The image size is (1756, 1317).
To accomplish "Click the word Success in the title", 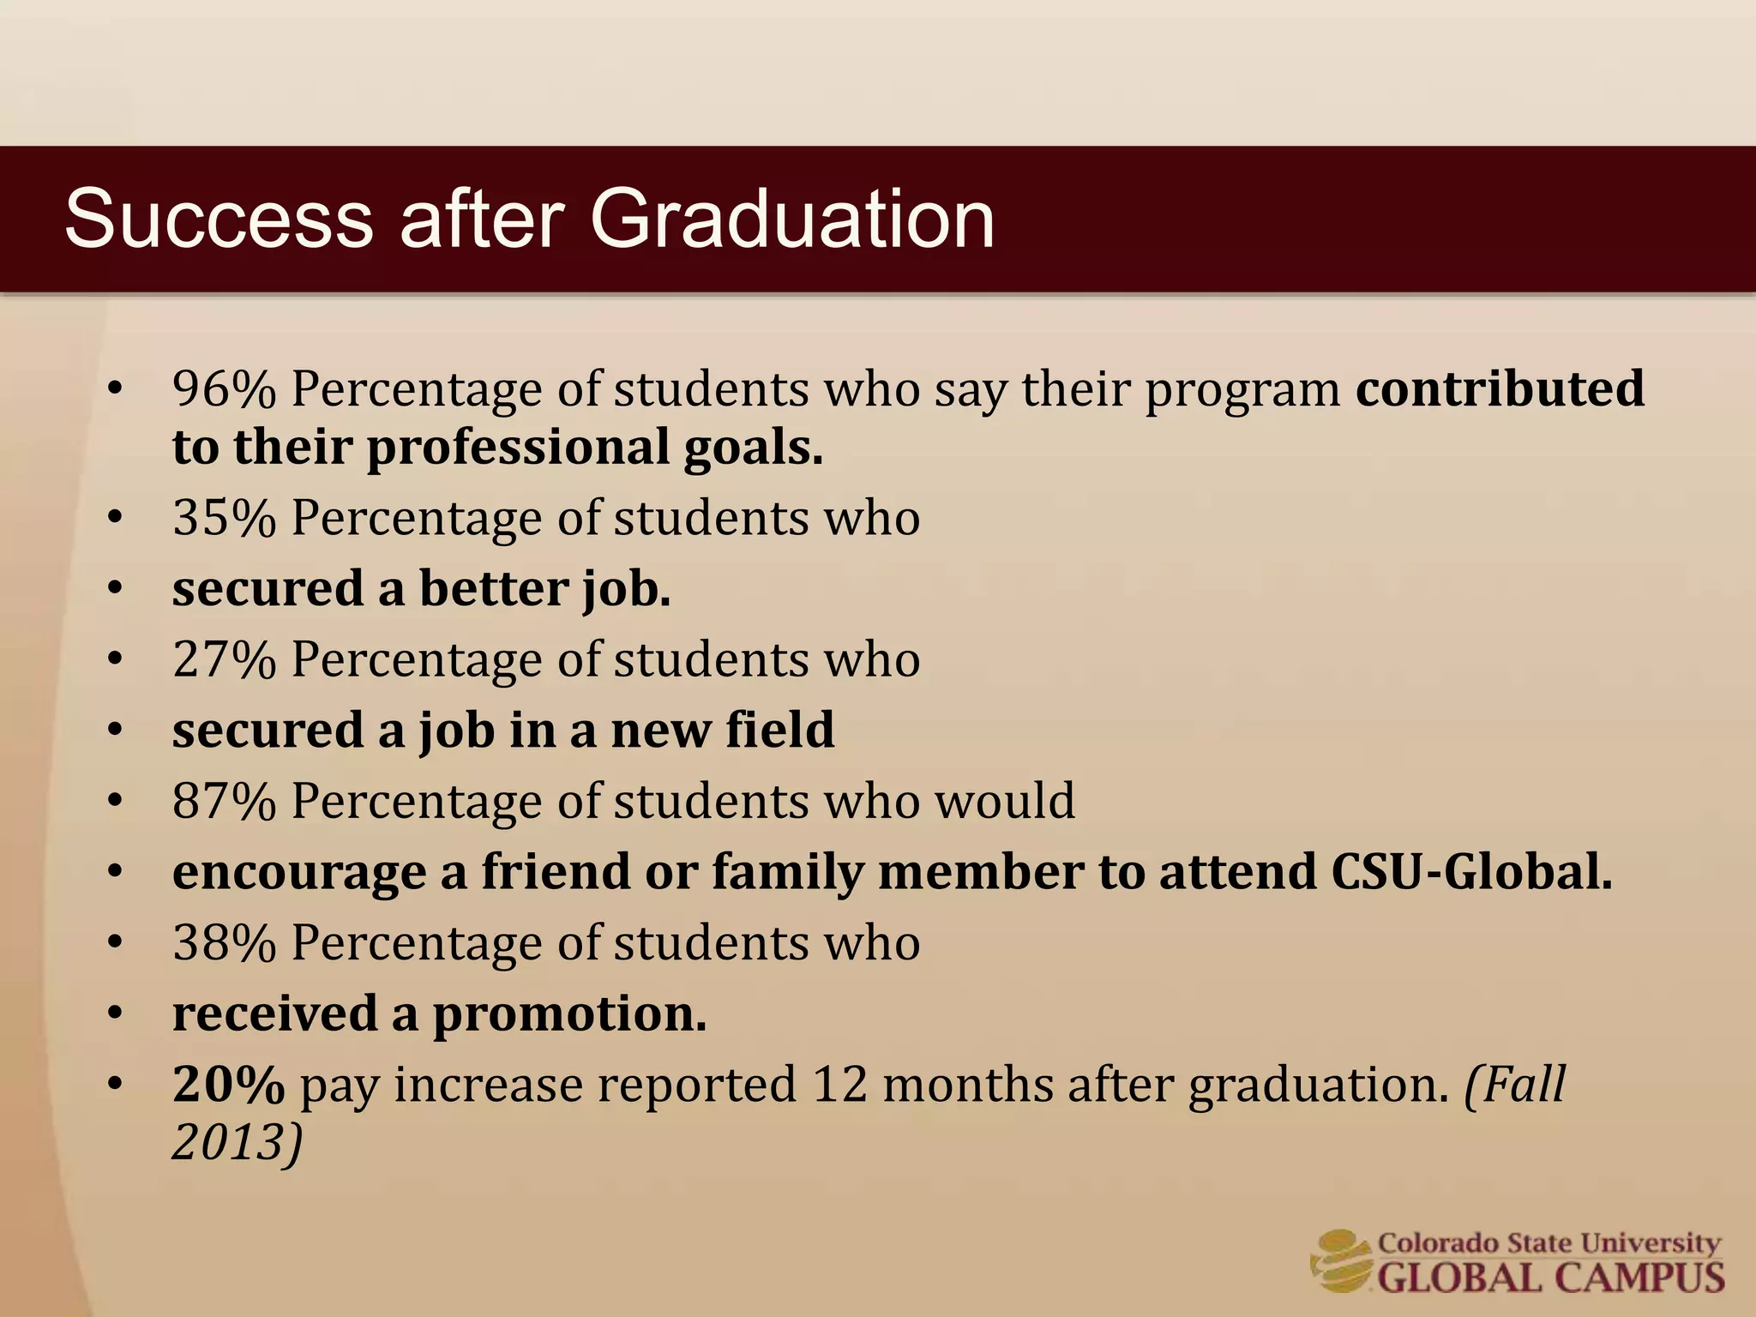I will coord(219,219).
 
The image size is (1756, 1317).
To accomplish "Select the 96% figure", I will coord(224,390).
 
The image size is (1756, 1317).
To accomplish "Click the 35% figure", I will coord(224,519).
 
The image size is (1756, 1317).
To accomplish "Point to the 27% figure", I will coord(224,660).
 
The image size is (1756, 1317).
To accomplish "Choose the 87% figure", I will coord(224,802).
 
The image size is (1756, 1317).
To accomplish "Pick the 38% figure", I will coord(224,943).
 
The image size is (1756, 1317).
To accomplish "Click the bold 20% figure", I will coord(228,1085).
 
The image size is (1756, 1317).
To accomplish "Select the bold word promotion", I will coord(569,1014).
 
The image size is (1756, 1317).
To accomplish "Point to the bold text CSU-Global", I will coord(1471,872).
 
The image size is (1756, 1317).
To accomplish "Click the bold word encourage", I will coord(299,874).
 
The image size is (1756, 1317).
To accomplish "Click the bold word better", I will coord(493,589).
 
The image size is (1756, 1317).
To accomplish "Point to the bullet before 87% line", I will coord(116,802).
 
